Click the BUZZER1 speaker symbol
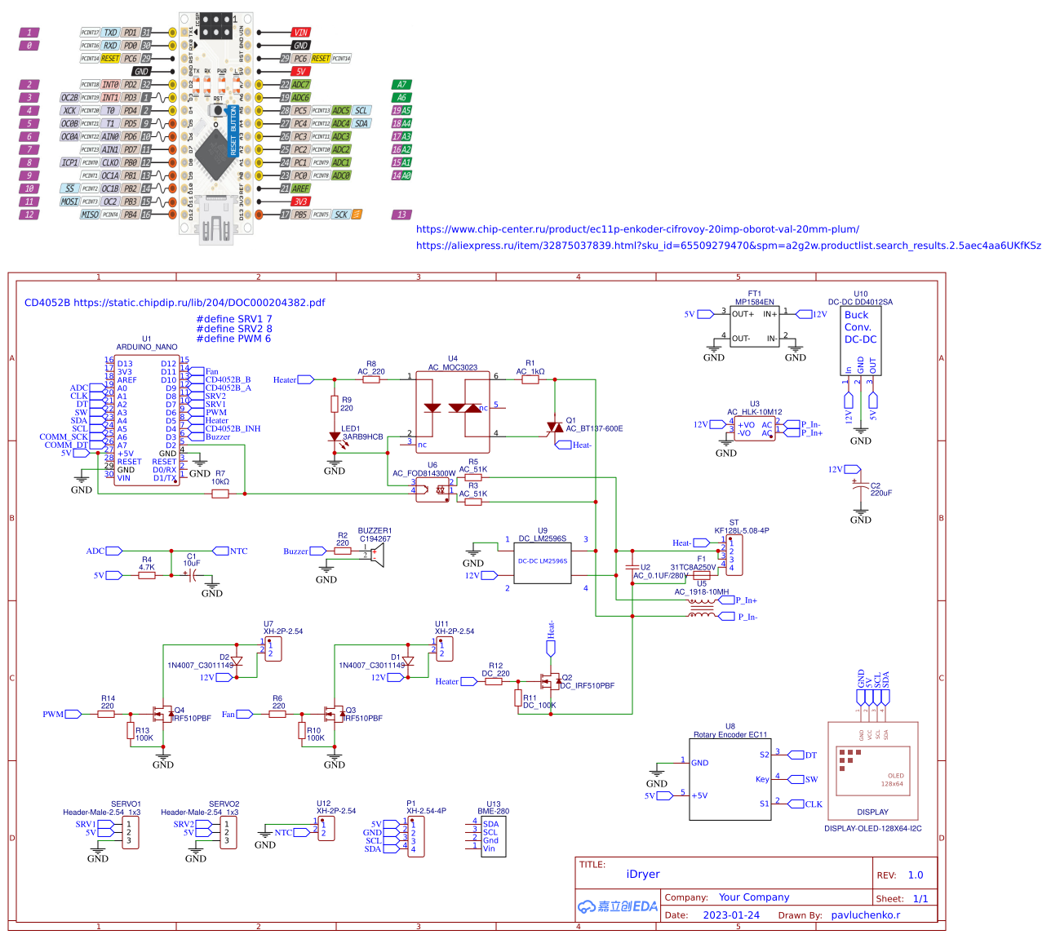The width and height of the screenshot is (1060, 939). pos(375,554)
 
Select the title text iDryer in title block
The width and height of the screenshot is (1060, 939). pos(642,875)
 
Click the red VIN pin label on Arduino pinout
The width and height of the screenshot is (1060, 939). pos(301,33)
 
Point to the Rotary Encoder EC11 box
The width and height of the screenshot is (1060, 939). pos(730,779)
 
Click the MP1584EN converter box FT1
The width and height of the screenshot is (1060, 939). pos(754,326)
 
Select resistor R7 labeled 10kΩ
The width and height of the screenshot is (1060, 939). pos(220,493)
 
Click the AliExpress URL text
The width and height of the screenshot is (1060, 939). pos(728,246)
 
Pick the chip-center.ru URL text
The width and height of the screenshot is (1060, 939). pos(637,229)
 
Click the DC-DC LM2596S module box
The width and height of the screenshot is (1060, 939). pos(543,561)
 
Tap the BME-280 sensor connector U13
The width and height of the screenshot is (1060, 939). pos(493,837)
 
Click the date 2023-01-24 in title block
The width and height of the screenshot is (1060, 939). pos(730,915)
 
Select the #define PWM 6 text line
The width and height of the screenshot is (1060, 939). pos(233,339)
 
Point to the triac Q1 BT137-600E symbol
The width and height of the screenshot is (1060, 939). pos(555,427)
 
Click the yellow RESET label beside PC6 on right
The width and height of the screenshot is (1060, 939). pos(321,59)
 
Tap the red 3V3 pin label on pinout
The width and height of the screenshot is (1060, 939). pos(301,202)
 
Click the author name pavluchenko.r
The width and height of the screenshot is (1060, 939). pos(865,915)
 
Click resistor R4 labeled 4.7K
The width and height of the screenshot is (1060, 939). pos(147,575)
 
